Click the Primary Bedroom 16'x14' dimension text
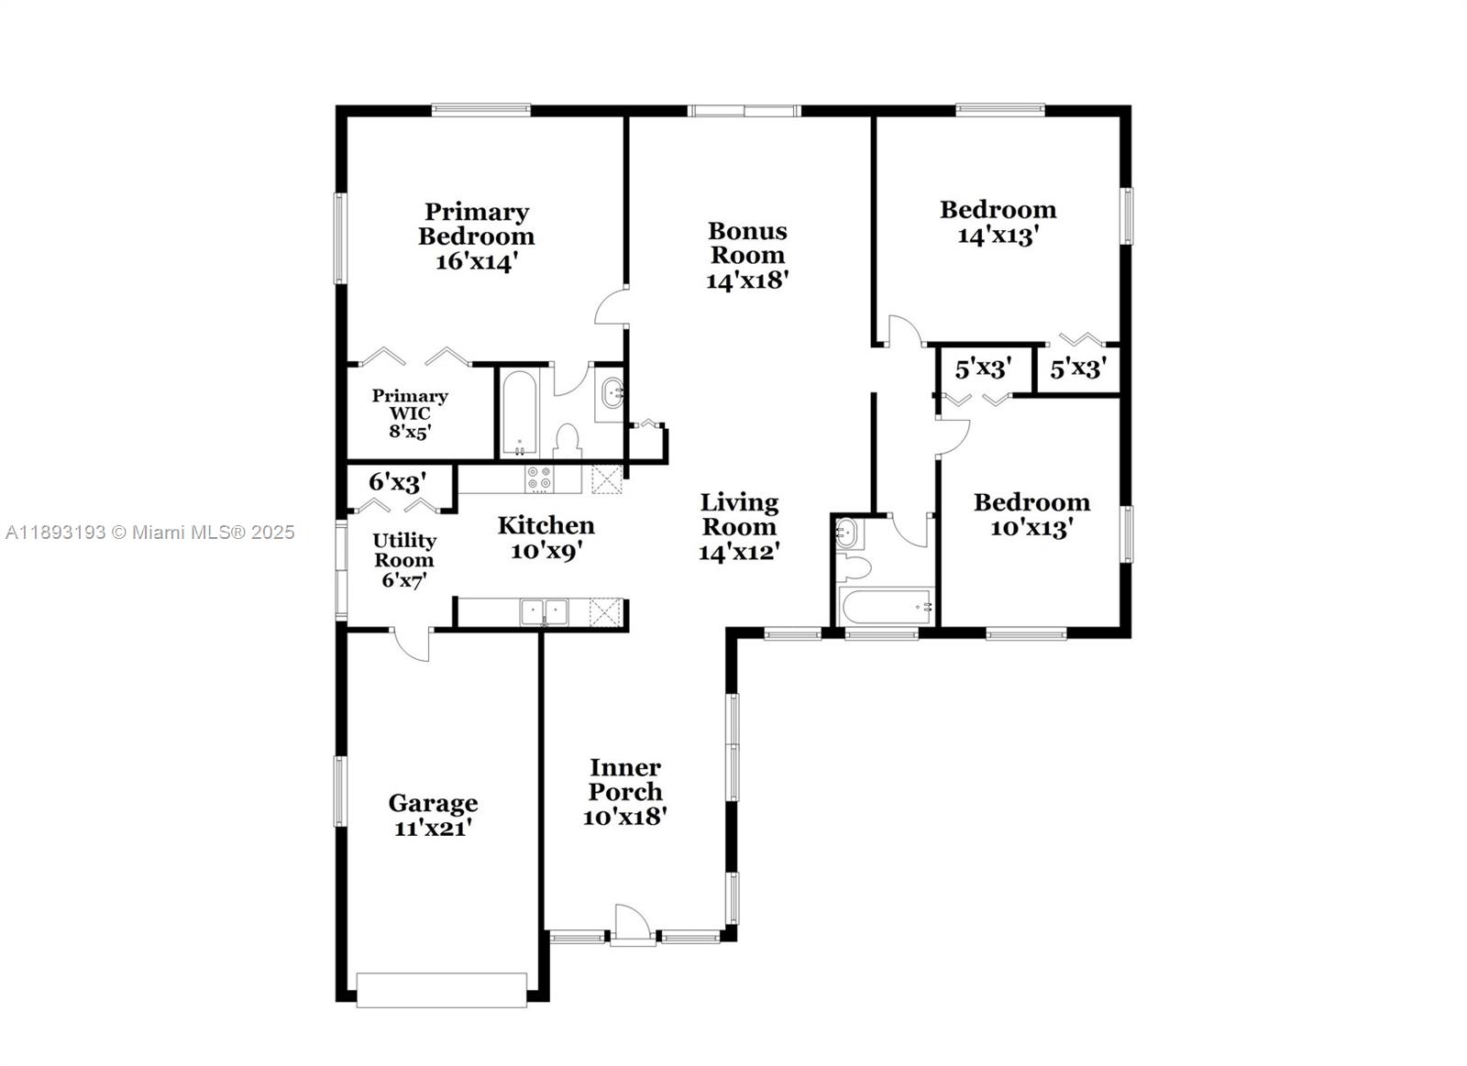477,261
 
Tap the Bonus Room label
747,243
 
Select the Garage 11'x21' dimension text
433,828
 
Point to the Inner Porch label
625,779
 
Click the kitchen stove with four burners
539,478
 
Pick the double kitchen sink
544,611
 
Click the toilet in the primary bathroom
568,441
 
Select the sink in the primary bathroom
611,395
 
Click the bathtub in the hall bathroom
886,606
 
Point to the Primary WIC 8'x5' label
410,413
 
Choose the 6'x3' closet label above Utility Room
397,482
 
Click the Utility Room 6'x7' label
404,560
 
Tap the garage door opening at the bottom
442,990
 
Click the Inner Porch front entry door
632,924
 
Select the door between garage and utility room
412,643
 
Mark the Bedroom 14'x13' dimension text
998,236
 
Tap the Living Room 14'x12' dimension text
739,552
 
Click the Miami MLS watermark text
150,533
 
